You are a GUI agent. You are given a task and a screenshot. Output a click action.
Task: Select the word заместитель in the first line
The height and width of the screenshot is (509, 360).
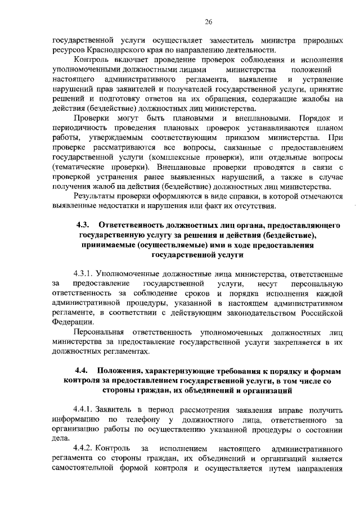(x=231, y=39)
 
